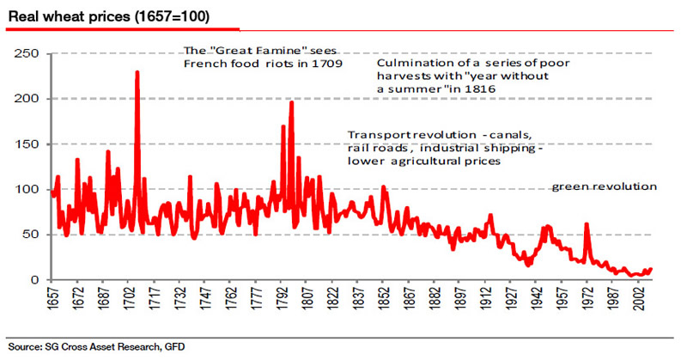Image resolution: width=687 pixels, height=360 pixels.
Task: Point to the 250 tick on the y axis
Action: (27, 53)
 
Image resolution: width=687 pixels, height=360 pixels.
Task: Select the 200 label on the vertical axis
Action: (27, 99)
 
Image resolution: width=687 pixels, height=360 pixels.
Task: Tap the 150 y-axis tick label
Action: (27, 143)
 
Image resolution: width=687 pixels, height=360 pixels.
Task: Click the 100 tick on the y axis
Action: (27, 189)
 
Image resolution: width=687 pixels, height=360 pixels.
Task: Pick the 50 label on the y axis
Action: (31, 235)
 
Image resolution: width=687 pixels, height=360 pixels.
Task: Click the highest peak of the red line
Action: (137, 72)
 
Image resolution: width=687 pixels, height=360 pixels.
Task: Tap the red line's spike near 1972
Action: (587, 224)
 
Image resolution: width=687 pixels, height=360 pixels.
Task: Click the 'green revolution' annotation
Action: (604, 186)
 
